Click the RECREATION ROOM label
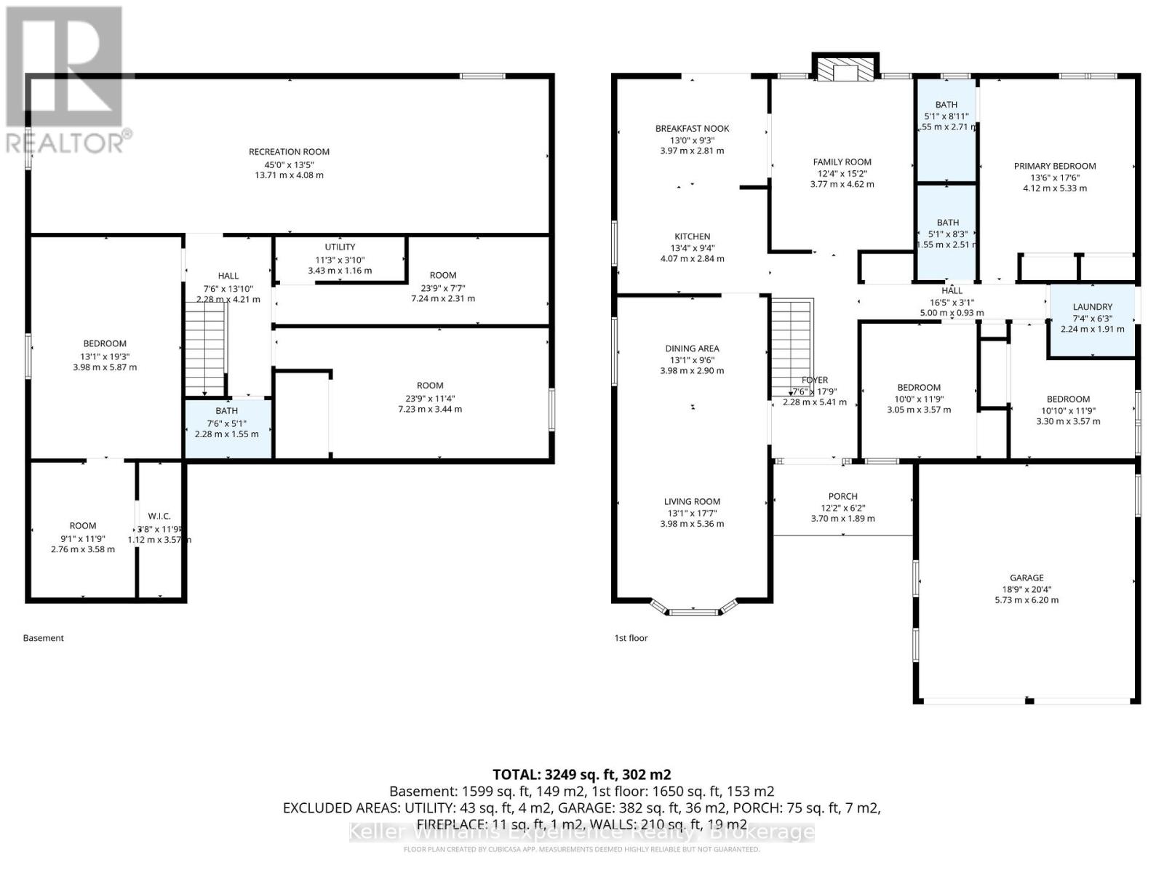click(x=289, y=152)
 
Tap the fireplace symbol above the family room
click(x=845, y=69)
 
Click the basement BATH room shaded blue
click(x=228, y=428)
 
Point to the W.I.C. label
click(x=159, y=517)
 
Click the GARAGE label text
click(x=1027, y=578)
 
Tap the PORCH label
click(x=842, y=496)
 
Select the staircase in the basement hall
click(x=206, y=349)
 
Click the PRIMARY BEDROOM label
click(x=1055, y=166)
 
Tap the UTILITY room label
click(x=340, y=247)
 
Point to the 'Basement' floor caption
click(x=44, y=638)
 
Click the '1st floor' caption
click(x=631, y=638)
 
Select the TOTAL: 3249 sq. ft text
click(x=581, y=774)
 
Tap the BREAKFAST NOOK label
click(x=692, y=129)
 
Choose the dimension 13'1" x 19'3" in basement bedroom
click(x=105, y=356)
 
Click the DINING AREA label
click(x=692, y=348)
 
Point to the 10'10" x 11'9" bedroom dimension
click(x=1068, y=410)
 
